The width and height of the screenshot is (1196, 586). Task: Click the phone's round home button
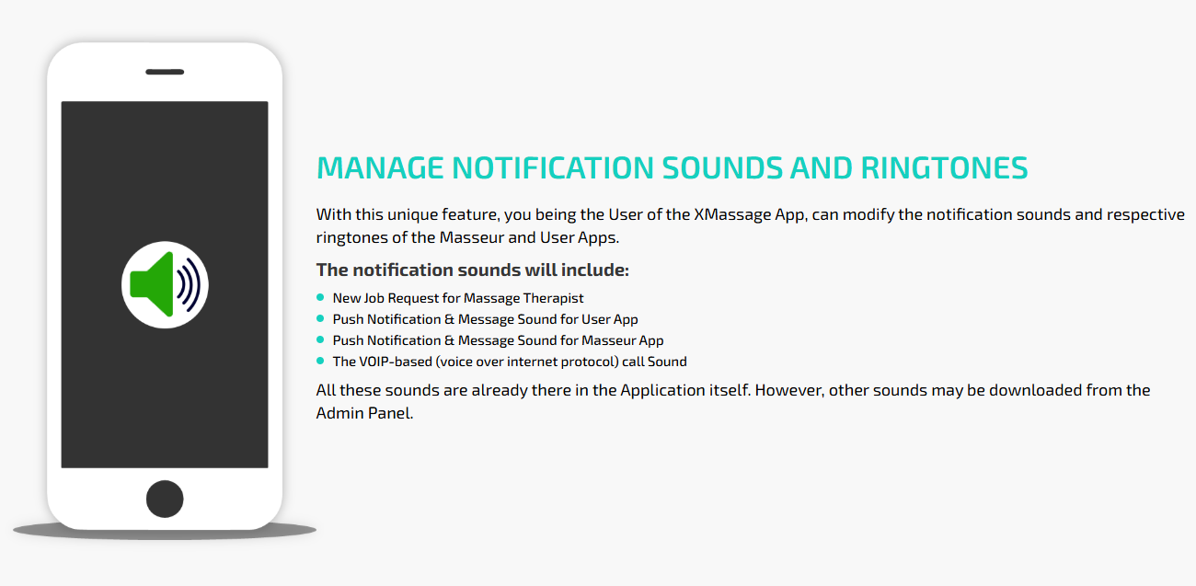[x=165, y=499]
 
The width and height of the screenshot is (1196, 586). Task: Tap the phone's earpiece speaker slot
[x=165, y=72]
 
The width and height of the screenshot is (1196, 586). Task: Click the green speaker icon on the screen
[x=152, y=284]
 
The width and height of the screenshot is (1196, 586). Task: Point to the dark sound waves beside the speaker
[x=189, y=284]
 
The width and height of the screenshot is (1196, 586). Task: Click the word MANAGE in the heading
[x=380, y=168]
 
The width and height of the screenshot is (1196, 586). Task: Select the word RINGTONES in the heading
[x=944, y=168]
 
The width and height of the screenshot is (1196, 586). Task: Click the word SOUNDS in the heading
[x=721, y=168]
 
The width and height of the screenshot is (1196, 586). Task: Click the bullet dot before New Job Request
[x=320, y=297]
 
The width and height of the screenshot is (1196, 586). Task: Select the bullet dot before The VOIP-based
[x=320, y=361]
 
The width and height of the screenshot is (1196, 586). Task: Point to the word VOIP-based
[x=395, y=362]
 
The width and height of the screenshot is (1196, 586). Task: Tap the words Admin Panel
[x=364, y=413]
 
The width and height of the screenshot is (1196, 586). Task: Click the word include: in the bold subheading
[x=595, y=270]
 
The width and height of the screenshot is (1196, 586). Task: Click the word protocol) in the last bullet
[x=590, y=362]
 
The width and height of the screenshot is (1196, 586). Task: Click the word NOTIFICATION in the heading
[x=553, y=168]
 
